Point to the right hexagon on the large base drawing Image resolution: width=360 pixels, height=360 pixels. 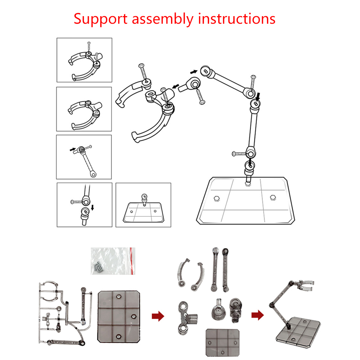point(272,197)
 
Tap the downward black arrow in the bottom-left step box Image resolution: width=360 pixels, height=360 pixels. point(93,208)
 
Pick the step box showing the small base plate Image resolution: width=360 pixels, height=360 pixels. point(143,205)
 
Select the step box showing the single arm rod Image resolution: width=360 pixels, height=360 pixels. point(84,157)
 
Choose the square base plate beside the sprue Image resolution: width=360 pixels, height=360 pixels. point(119,315)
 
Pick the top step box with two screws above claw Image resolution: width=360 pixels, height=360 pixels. point(84,60)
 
